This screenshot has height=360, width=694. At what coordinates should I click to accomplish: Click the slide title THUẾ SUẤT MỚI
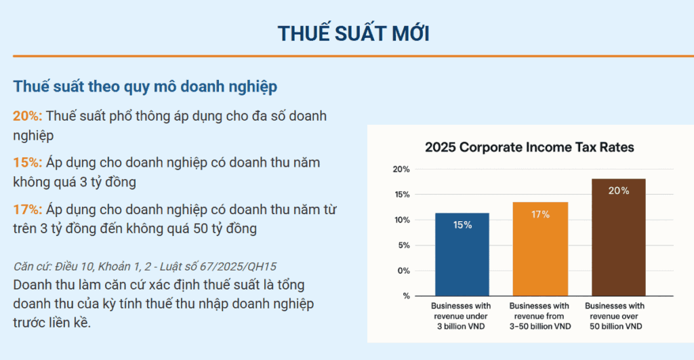tap(353, 33)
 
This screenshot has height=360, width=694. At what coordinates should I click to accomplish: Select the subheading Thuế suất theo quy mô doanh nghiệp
tap(145, 87)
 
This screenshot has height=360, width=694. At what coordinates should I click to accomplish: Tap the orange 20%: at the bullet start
tap(27, 116)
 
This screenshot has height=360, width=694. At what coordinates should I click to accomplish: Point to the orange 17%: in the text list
tap(27, 209)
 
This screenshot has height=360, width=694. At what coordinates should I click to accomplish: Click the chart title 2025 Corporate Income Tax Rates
tap(529, 147)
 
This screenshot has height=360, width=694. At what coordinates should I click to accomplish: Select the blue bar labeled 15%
tap(462, 254)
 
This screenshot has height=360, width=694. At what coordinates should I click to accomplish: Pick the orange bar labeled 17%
tap(540, 249)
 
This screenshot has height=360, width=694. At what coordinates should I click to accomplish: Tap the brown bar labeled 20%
tap(618, 237)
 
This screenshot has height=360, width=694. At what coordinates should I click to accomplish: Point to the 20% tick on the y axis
tap(402, 169)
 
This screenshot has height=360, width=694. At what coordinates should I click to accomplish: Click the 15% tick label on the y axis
tap(402, 195)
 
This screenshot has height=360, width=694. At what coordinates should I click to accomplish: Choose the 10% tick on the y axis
tap(402, 220)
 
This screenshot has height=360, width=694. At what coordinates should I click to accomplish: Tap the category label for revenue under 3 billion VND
tap(462, 316)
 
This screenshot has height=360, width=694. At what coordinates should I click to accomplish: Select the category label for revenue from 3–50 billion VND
tap(540, 316)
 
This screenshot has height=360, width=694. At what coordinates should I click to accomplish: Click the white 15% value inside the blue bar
tap(462, 225)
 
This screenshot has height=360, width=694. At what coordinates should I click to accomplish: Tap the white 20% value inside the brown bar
tap(618, 191)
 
